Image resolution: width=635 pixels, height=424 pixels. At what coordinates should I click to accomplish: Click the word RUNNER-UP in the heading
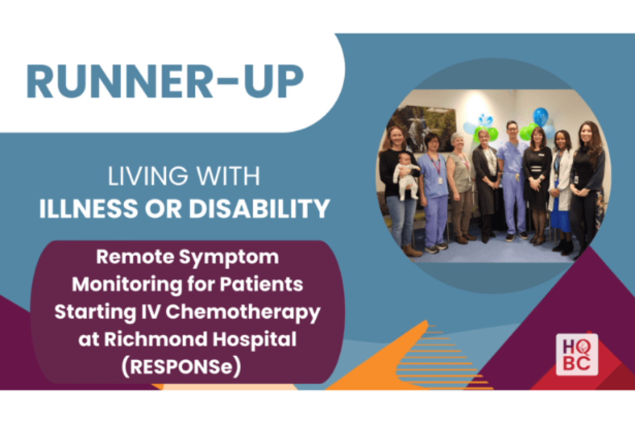[165, 81]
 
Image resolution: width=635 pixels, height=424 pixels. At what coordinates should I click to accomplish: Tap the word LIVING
[148, 176]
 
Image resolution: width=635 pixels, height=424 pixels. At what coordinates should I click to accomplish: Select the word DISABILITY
[259, 209]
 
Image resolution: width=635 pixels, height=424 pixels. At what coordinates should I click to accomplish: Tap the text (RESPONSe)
[182, 367]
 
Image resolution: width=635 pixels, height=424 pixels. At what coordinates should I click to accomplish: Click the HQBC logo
[577, 354]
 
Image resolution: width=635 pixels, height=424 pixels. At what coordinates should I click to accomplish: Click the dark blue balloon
[541, 116]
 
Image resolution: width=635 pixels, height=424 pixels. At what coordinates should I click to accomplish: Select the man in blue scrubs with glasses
[513, 181]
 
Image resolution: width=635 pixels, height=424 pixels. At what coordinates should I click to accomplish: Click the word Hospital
[254, 340]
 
